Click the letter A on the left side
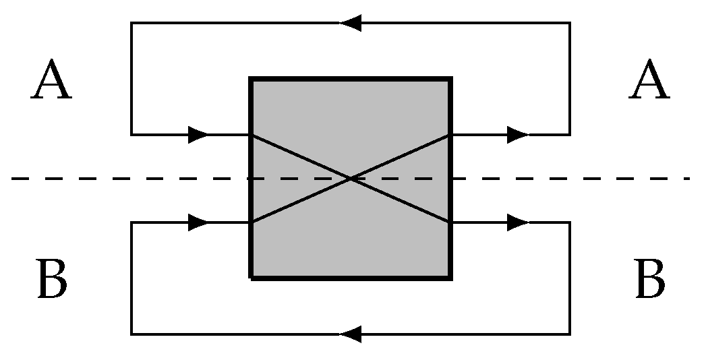coord(51,79)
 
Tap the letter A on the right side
coord(649,79)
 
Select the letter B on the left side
coord(52,278)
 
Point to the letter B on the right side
coord(650,278)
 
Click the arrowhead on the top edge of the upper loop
coord(350,22)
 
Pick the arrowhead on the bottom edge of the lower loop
coord(350,334)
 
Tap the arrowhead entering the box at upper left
coord(198,135)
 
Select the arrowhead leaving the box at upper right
coord(518,135)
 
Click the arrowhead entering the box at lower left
coord(198,222)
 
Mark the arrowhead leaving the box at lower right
coord(518,222)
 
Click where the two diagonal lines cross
coord(350,179)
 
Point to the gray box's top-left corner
coord(250,79)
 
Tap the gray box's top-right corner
coord(450,79)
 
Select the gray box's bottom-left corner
coord(250,278)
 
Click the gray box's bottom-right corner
coord(450,278)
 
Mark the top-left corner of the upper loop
coord(131,22)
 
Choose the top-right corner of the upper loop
coord(570,22)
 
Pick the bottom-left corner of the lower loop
coord(131,334)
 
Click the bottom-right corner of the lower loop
coord(570,334)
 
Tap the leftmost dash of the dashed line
coord(20,179)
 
